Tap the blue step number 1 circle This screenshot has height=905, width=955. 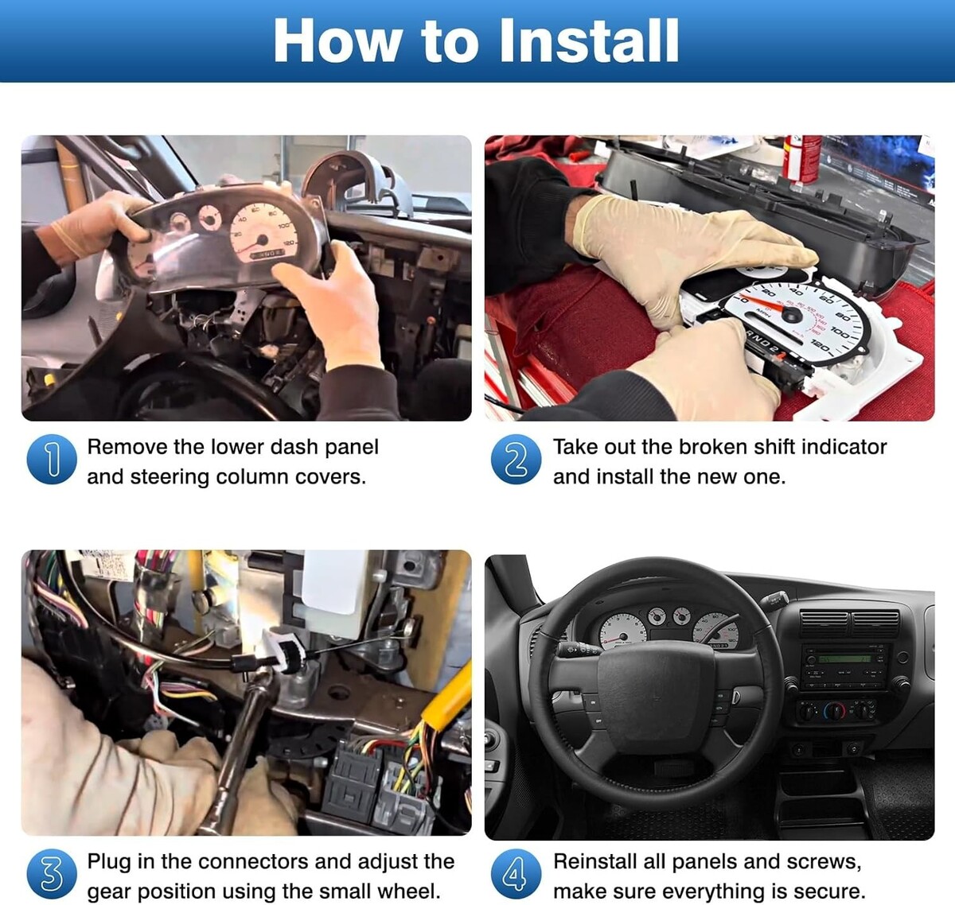pos(52,460)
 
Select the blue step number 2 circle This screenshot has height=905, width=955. pos(516,460)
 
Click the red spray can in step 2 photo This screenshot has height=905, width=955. pos(801,159)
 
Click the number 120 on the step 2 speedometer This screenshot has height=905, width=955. pos(820,347)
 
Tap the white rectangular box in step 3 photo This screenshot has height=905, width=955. pos(334,588)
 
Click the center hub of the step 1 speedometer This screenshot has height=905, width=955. pos(263,240)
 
